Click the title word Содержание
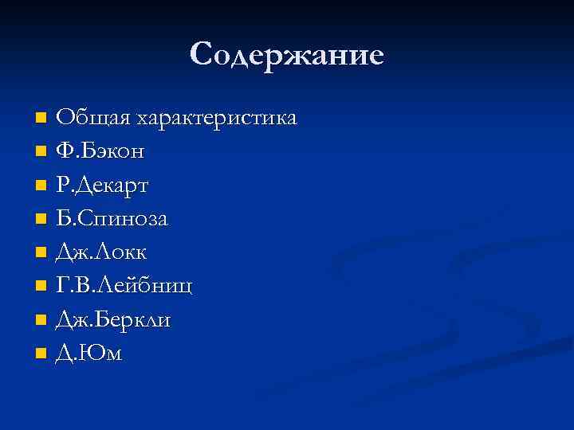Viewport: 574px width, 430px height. click(287, 55)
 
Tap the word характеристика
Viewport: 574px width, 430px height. click(217, 119)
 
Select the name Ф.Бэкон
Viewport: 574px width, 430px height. click(100, 151)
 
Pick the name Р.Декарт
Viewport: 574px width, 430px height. click(102, 185)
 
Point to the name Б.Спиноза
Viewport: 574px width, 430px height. click(112, 218)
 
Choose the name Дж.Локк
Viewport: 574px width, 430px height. click(101, 252)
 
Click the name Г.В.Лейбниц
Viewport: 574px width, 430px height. click(124, 286)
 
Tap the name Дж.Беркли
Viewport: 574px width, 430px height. click(112, 319)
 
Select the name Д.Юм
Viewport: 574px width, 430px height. click(88, 353)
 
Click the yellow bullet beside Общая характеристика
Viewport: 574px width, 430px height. click(41, 119)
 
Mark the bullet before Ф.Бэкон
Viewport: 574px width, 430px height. click(41, 151)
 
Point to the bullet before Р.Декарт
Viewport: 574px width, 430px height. click(41, 186)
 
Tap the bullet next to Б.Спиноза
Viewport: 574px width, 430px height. click(41, 219)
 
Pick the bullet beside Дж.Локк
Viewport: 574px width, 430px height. click(41, 252)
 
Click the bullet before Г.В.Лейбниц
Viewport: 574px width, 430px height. click(41, 286)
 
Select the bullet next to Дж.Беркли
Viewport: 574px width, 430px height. click(41, 319)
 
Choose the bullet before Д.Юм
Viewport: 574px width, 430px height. click(41, 354)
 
